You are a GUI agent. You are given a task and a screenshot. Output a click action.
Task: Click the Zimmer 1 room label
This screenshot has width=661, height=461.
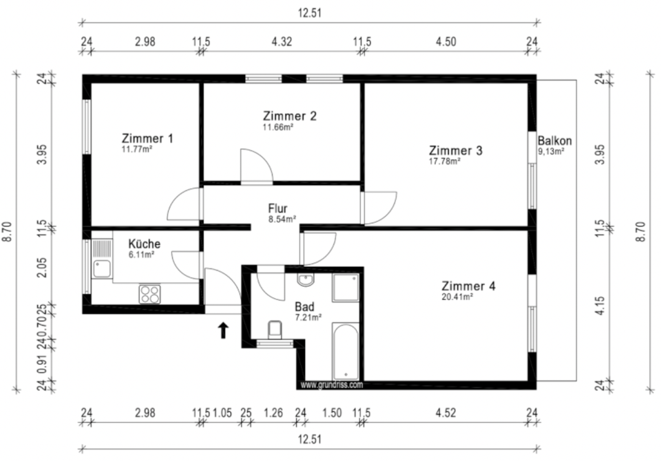pyautogui.click(x=147, y=138)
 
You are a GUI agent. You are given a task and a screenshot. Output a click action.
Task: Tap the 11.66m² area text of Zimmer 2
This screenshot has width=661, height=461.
pyautogui.click(x=278, y=127)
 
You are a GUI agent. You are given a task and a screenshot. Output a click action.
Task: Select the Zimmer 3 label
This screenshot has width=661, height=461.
pyautogui.click(x=456, y=151)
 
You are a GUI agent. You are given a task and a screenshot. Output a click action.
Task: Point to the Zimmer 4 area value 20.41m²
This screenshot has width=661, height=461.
pyautogui.click(x=457, y=297)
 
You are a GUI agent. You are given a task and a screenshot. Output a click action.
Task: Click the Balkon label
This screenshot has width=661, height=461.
pyautogui.click(x=554, y=141)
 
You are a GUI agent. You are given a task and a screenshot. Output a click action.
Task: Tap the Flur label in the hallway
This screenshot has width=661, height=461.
pyautogui.click(x=277, y=208)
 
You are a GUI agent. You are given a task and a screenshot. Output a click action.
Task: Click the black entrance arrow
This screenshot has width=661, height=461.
pyautogui.click(x=223, y=331)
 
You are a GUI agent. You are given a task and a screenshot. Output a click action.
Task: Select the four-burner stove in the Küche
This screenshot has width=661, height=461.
pyautogui.click(x=149, y=294)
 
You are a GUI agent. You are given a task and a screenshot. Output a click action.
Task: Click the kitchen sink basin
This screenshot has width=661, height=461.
pyautogui.click(x=102, y=269)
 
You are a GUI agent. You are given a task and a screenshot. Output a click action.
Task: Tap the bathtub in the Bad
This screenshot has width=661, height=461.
pyautogui.click(x=346, y=352)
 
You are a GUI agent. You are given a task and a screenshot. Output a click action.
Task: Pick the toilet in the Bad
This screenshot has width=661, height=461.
pyautogui.click(x=275, y=330)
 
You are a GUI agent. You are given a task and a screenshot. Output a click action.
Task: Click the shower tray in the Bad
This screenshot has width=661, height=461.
pyautogui.click(x=346, y=288)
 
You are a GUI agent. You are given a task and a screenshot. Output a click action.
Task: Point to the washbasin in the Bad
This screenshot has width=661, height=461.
pyautogui.click(x=305, y=279)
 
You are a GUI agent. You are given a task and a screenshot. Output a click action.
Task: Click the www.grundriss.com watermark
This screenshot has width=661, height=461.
pyautogui.click(x=332, y=385)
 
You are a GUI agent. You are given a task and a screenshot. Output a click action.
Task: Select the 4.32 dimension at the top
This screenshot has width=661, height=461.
pyautogui.click(x=282, y=42)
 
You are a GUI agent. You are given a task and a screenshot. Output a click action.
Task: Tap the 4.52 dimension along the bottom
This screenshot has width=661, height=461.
pyautogui.click(x=445, y=413)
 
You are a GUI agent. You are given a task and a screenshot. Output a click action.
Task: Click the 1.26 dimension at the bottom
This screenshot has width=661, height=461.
pyautogui.click(x=273, y=413)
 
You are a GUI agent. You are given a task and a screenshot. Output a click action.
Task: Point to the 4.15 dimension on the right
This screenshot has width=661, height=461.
pyautogui.click(x=600, y=305)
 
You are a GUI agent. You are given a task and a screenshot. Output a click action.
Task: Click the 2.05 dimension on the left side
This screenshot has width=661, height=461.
pyautogui.click(x=42, y=268)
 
